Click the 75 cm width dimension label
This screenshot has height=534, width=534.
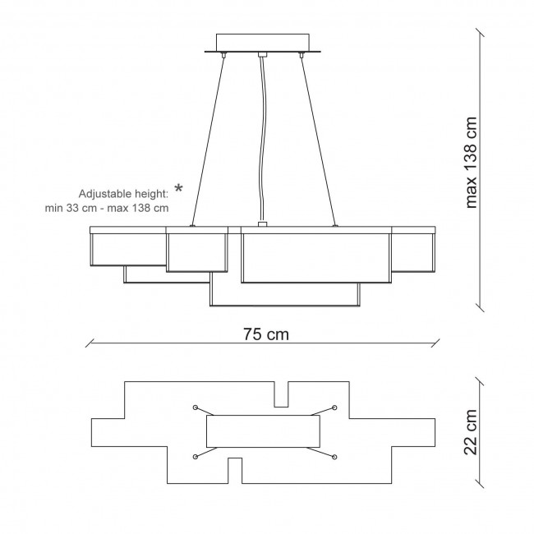click(x=266, y=334)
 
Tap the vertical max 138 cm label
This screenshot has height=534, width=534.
click(x=472, y=163)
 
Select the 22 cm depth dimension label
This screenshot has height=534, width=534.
click(x=470, y=432)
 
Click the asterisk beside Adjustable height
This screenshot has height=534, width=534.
click(x=178, y=188)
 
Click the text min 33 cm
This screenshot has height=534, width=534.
click(x=71, y=208)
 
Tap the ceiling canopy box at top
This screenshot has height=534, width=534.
click(x=263, y=43)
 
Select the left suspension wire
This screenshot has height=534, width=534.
click(x=208, y=140)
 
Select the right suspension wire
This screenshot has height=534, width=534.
click(x=318, y=140)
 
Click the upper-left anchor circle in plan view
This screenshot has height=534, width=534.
click(x=196, y=407)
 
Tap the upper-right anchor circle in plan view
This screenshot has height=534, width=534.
click(x=334, y=407)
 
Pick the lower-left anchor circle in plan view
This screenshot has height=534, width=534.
click(x=196, y=457)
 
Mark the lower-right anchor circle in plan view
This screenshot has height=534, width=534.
click(x=334, y=457)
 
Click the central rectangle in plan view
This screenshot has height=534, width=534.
click(x=263, y=431)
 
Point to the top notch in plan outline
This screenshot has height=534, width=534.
click(x=281, y=394)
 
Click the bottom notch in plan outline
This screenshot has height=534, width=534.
click(x=235, y=471)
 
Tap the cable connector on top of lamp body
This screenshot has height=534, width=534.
click(x=262, y=224)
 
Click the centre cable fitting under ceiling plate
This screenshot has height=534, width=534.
click(x=262, y=54)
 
